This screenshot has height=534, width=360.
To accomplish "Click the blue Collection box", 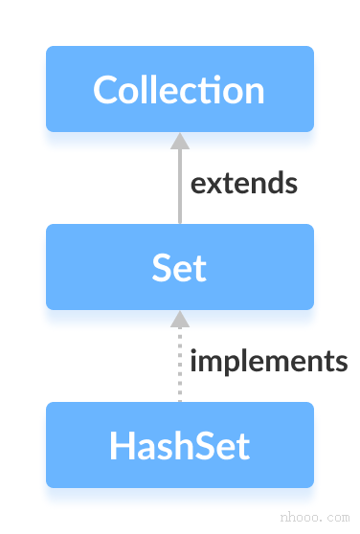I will point(179,89).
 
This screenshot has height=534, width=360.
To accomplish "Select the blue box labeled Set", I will point(179,267).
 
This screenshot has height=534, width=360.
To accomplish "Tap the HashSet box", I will point(179,445).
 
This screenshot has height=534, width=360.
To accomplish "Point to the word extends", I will point(244,183).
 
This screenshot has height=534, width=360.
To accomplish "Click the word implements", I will point(268,361).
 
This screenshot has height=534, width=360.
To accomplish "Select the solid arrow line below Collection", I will point(179,187).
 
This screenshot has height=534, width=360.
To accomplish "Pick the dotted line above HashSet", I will point(179,368).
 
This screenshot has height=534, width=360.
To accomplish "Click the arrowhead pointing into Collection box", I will point(179,141).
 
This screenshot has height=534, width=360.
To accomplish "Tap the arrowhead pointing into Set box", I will point(179,318).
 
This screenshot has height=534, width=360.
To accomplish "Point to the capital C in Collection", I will point(105,90).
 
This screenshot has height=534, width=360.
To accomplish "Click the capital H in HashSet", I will point(120,446).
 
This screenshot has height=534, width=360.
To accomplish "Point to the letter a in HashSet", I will point(144,449).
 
